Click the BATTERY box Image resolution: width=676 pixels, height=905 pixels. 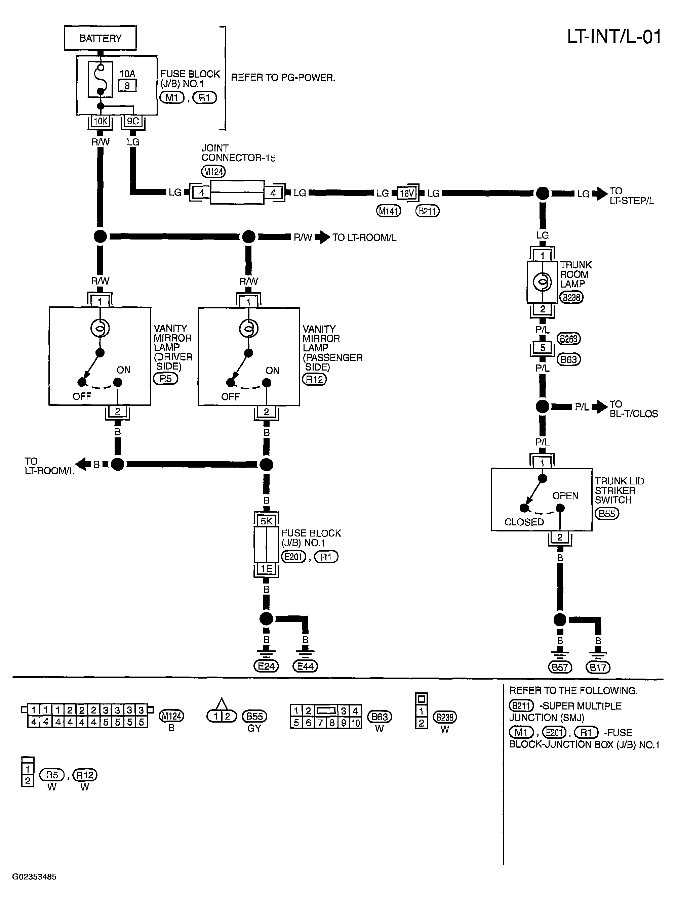(x=100, y=38)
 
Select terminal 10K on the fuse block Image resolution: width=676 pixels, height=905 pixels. (x=101, y=121)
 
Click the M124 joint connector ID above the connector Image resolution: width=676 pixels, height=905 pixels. (x=213, y=172)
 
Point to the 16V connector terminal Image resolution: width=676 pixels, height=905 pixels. (x=407, y=193)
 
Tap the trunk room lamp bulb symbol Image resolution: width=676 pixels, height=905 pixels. (x=543, y=282)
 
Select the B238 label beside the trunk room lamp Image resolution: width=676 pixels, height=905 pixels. (x=571, y=297)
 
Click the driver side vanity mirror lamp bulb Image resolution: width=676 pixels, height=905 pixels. (x=100, y=328)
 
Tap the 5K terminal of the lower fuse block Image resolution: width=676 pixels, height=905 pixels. (x=266, y=521)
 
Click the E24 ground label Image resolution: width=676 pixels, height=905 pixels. (x=266, y=666)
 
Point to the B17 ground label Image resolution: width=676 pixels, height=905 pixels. (x=598, y=668)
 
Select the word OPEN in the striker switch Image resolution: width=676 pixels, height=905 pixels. (x=565, y=495)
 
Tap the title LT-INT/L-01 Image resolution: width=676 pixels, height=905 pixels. (x=614, y=37)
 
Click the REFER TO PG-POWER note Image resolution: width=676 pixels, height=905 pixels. (x=283, y=78)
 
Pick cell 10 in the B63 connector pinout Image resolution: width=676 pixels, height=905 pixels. (x=356, y=723)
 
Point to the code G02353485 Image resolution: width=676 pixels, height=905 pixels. (x=34, y=877)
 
